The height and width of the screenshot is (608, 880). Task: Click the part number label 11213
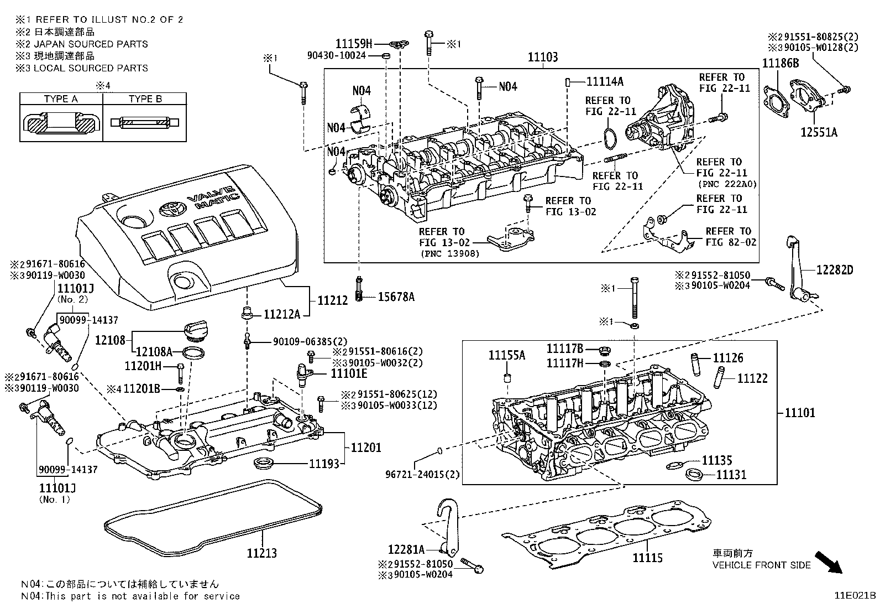coord(261,553)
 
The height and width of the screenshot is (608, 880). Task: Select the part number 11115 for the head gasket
coord(647,558)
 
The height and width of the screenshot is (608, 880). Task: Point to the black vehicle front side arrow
coord(829,562)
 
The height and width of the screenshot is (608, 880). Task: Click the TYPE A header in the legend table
coord(61,99)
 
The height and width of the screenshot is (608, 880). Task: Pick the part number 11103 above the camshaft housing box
coord(542,57)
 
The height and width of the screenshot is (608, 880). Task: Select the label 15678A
coord(396,297)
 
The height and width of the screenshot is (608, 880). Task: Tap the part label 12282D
coord(835,270)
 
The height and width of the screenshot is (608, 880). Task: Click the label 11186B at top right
coord(781,63)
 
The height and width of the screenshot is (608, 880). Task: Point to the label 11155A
coord(506,355)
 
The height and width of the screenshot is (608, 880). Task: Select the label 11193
coord(324,464)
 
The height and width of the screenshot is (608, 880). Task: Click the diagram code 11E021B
coord(855,596)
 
